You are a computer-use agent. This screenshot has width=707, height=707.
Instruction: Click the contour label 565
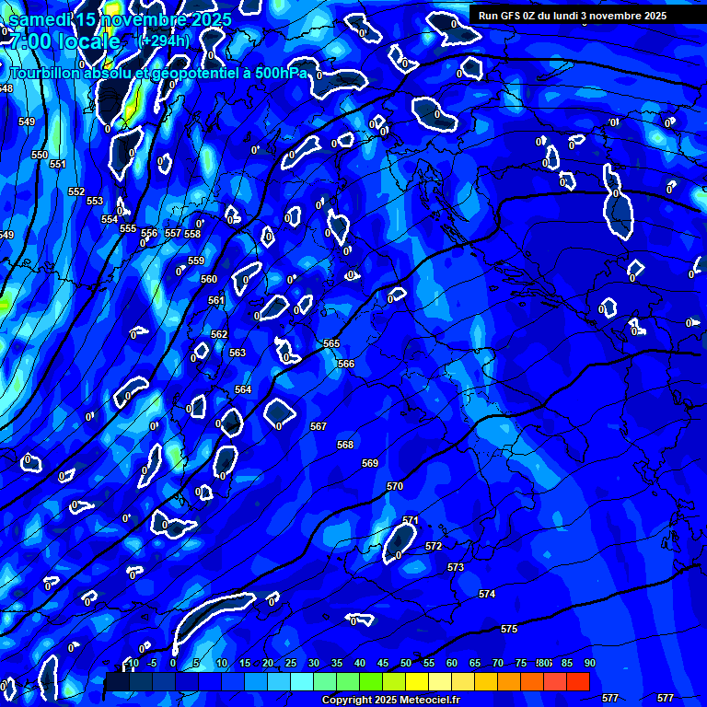click(x=331, y=343)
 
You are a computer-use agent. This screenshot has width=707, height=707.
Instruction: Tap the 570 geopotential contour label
click(x=395, y=486)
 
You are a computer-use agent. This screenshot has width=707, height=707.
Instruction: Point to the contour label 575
click(x=509, y=629)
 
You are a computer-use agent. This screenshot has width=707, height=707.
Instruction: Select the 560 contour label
click(x=209, y=279)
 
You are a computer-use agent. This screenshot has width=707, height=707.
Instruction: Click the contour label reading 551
click(x=58, y=164)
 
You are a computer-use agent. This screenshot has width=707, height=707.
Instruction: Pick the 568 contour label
click(x=345, y=445)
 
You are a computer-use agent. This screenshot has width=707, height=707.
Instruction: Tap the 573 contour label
click(x=456, y=568)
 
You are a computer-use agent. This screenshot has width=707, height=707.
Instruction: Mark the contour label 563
click(x=238, y=353)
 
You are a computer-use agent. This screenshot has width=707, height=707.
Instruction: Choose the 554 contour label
click(x=110, y=219)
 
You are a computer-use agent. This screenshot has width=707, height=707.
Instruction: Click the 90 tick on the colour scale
click(x=589, y=663)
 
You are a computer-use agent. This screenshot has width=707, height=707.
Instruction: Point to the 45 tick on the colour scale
click(x=382, y=663)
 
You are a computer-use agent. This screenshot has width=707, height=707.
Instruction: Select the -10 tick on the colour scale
click(x=131, y=663)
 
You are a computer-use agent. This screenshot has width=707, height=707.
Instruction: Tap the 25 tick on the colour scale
click(x=290, y=663)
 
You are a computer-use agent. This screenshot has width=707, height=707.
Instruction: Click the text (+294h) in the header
click(x=163, y=41)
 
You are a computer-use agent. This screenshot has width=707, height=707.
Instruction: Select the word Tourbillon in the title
click(x=46, y=72)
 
